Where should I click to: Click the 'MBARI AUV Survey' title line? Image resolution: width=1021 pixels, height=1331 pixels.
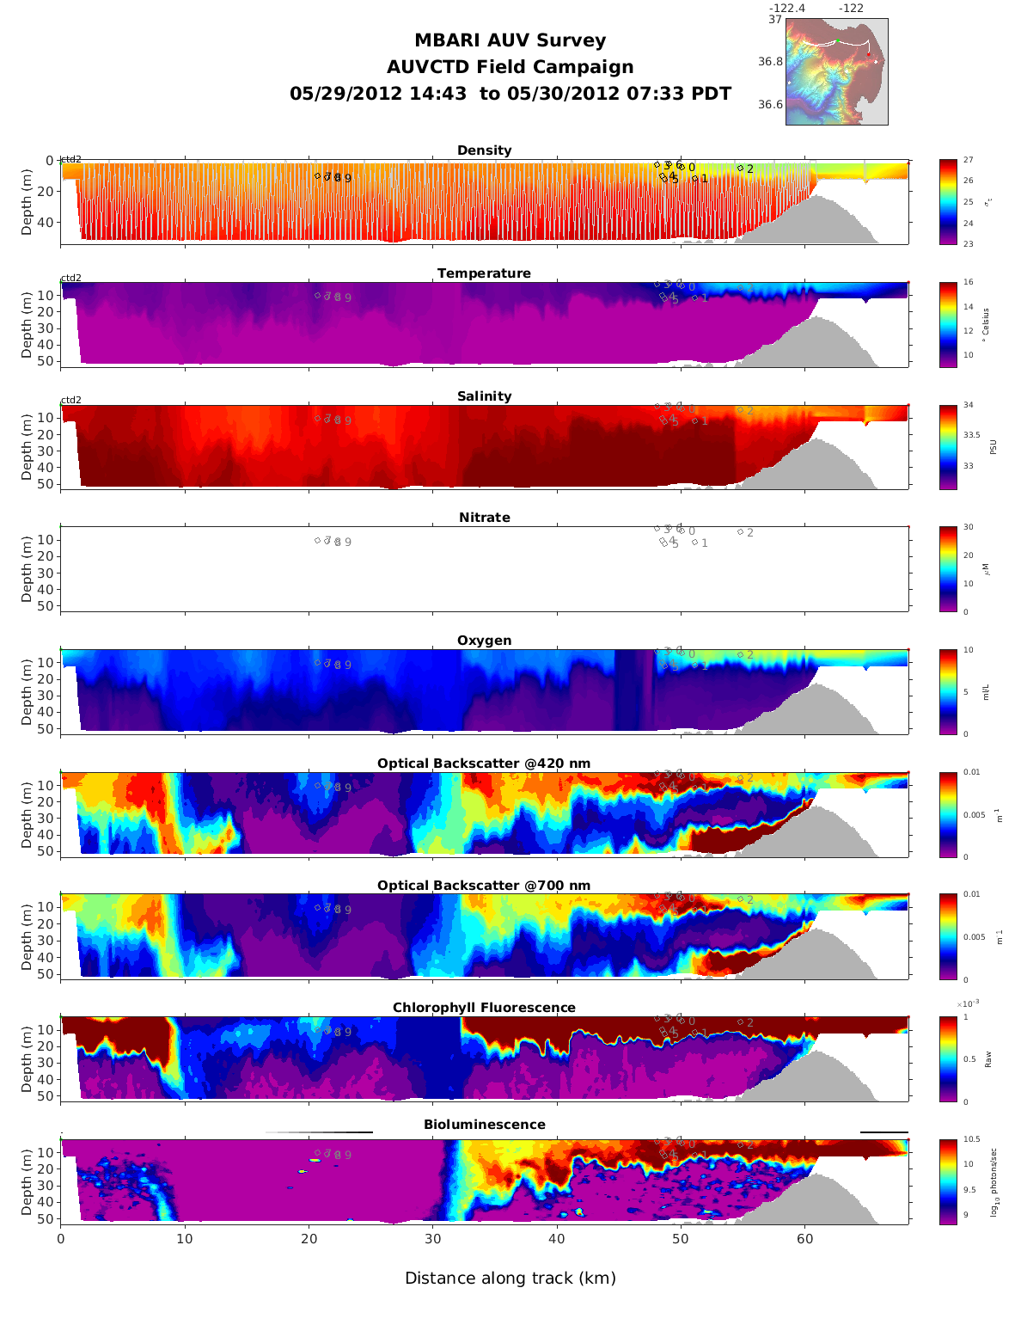pyautogui.click(x=510, y=40)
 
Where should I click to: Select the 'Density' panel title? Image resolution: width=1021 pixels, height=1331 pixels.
pyautogui.click(x=484, y=150)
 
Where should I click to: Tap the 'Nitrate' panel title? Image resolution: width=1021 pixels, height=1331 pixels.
pyautogui.click(x=484, y=518)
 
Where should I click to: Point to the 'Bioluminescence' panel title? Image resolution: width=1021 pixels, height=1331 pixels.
pyautogui.click(x=484, y=1125)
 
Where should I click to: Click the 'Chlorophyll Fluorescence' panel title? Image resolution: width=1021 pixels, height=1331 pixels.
pyautogui.click(x=484, y=1008)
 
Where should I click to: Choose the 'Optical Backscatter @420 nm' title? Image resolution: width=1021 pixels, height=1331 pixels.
pyautogui.click(x=484, y=764)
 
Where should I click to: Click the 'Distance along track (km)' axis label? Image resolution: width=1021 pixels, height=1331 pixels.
pyautogui.click(x=510, y=1278)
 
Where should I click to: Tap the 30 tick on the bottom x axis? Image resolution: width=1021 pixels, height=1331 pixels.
pyautogui.click(x=432, y=1239)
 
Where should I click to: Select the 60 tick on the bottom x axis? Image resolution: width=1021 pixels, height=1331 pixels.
pyautogui.click(x=804, y=1239)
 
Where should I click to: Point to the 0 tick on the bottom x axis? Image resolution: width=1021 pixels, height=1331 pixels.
pyautogui.click(x=60, y=1239)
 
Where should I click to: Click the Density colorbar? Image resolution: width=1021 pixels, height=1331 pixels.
pyautogui.click(x=948, y=202)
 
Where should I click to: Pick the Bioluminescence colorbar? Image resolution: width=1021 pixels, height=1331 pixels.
pyautogui.click(x=948, y=1181)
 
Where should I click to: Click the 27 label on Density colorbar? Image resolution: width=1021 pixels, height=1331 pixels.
pyautogui.click(x=968, y=161)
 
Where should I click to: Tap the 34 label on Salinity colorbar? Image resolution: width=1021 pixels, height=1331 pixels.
pyautogui.click(x=968, y=405)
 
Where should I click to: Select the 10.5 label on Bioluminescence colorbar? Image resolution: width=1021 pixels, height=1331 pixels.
pyautogui.click(x=971, y=1140)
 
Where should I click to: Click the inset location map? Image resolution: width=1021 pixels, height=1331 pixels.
pyautogui.click(x=836, y=72)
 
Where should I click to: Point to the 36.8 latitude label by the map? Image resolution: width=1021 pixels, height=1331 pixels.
pyautogui.click(x=770, y=62)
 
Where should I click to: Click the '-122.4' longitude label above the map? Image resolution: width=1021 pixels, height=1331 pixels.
pyautogui.click(x=786, y=9)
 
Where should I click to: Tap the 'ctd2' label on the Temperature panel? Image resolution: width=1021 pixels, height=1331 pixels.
pyautogui.click(x=70, y=278)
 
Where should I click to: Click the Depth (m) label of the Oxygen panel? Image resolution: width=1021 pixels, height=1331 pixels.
pyautogui.click(x=27, y=691)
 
